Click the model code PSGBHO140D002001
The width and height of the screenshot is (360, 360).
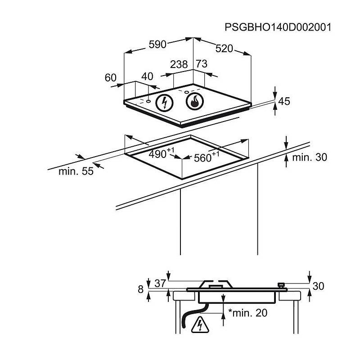[x=278, y=27]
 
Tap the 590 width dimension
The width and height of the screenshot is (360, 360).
[x=157, y=44]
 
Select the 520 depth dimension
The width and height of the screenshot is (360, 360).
[x=224, y=49]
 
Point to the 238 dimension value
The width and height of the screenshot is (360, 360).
[x=179, y=64]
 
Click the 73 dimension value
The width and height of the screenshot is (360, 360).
[x=202, y=63]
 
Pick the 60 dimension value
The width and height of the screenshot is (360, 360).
[x=111, y=77]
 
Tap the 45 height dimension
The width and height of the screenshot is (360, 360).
[x=284, y=101]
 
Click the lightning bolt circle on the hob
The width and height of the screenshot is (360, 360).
[x=164, y=103]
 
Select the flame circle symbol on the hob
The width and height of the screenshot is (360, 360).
[x=195, y=101]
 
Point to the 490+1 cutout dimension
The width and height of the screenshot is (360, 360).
[x=162, y=153]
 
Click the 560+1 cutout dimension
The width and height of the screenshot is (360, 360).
[x=207, y=157]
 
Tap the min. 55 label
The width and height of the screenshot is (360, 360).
[x=76, y=171]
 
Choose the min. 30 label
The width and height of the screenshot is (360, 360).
[x=310, y=157]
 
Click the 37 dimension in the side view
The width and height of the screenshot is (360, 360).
[x=160, y=283]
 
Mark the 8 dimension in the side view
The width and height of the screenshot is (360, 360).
[x=141, y=289]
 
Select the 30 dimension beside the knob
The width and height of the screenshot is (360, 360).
[x=318, y=286]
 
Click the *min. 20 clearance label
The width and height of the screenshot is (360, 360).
[x=248, y=313]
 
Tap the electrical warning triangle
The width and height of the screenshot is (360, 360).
[x=200, y=325]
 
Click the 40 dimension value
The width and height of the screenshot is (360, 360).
[x=147, y=76]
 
